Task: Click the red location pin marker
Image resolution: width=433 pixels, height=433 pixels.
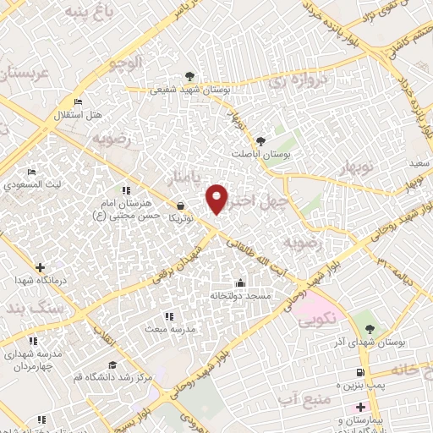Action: pyautogui.click(x=217, y=198)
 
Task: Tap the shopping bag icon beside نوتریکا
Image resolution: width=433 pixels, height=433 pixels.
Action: pyautogui.click(x=181, y=205)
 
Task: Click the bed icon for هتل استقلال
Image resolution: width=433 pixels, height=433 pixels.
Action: pyautogui.click(x=79, y=101)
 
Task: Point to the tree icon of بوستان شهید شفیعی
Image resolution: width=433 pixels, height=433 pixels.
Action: pyautogui.click(x=188, y=75)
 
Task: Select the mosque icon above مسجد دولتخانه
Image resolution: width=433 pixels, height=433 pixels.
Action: pyautogui.click(x=240, y=282)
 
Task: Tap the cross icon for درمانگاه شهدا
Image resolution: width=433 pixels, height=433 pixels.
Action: pyautogui.click(x=39, y=267)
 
